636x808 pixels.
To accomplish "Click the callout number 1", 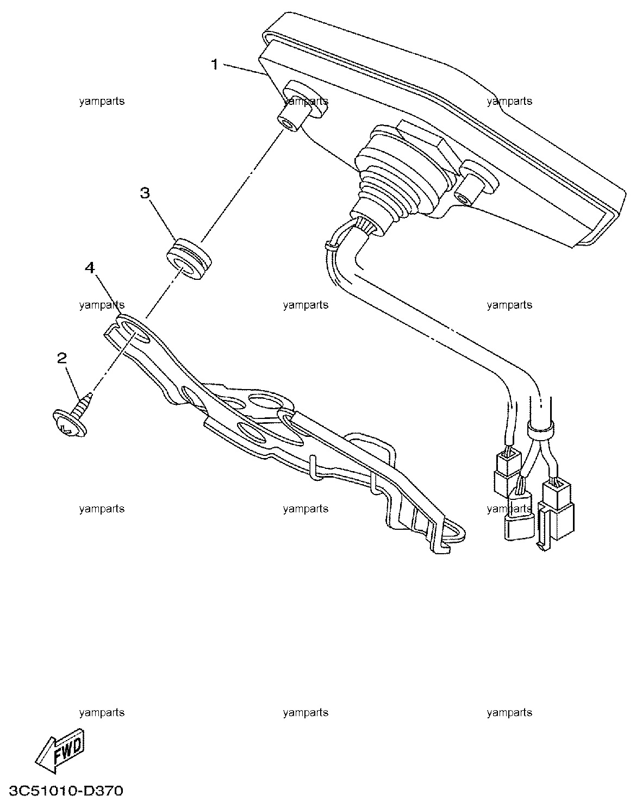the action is tap(215, 65).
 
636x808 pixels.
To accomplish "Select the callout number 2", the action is tap(62, 358).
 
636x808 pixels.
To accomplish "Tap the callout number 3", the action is tap(145, 193).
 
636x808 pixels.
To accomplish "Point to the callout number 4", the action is tap(90, 268).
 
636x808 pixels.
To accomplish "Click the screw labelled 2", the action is tap(73, 416).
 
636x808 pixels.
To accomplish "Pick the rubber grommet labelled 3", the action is tap(188, 258).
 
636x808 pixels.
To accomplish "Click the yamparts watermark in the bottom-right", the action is tap(509, 712).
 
